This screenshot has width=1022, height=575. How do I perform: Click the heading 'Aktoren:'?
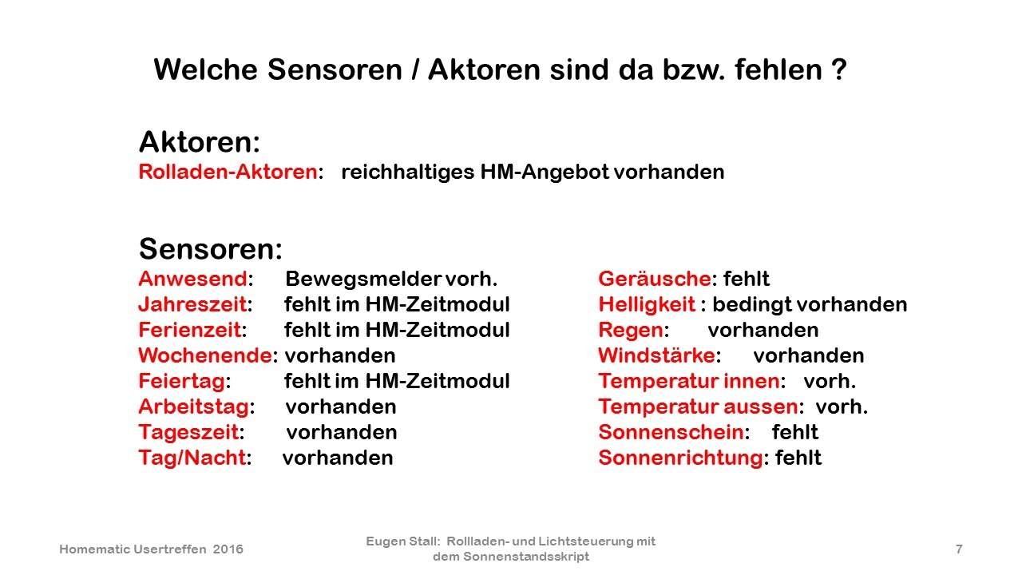coord(200,142)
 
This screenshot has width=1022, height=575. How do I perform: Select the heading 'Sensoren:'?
coord(211,249)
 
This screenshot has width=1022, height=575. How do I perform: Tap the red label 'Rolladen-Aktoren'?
coord(228,172)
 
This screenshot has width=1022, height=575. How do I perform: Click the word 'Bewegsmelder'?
coord(363,279)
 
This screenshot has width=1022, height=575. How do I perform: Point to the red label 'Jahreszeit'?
coord(192,304)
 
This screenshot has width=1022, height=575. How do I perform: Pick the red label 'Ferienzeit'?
coord(190,330)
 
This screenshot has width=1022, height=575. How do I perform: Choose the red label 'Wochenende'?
coord(205,355)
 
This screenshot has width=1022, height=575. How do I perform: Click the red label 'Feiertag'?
coord(182,382)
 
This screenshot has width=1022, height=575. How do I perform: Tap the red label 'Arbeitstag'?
coord(194,407)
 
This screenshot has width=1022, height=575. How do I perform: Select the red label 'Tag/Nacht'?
coord(192,458)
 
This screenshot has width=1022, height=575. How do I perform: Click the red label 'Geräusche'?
coord(655,279)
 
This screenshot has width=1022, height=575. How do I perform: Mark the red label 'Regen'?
coord(631,331)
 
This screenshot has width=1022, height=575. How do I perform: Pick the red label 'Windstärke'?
coord(657,355)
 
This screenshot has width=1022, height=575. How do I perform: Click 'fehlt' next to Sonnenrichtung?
coord(798,458)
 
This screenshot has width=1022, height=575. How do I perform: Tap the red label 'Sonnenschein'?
coord(671,432)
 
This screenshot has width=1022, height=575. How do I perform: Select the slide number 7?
coord(959,549)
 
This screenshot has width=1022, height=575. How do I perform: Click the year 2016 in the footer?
coord(228,549)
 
